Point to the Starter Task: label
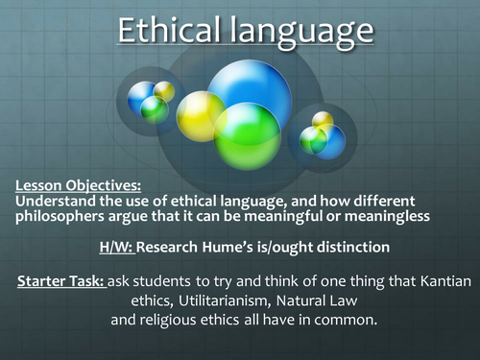60,280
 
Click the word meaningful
295,216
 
